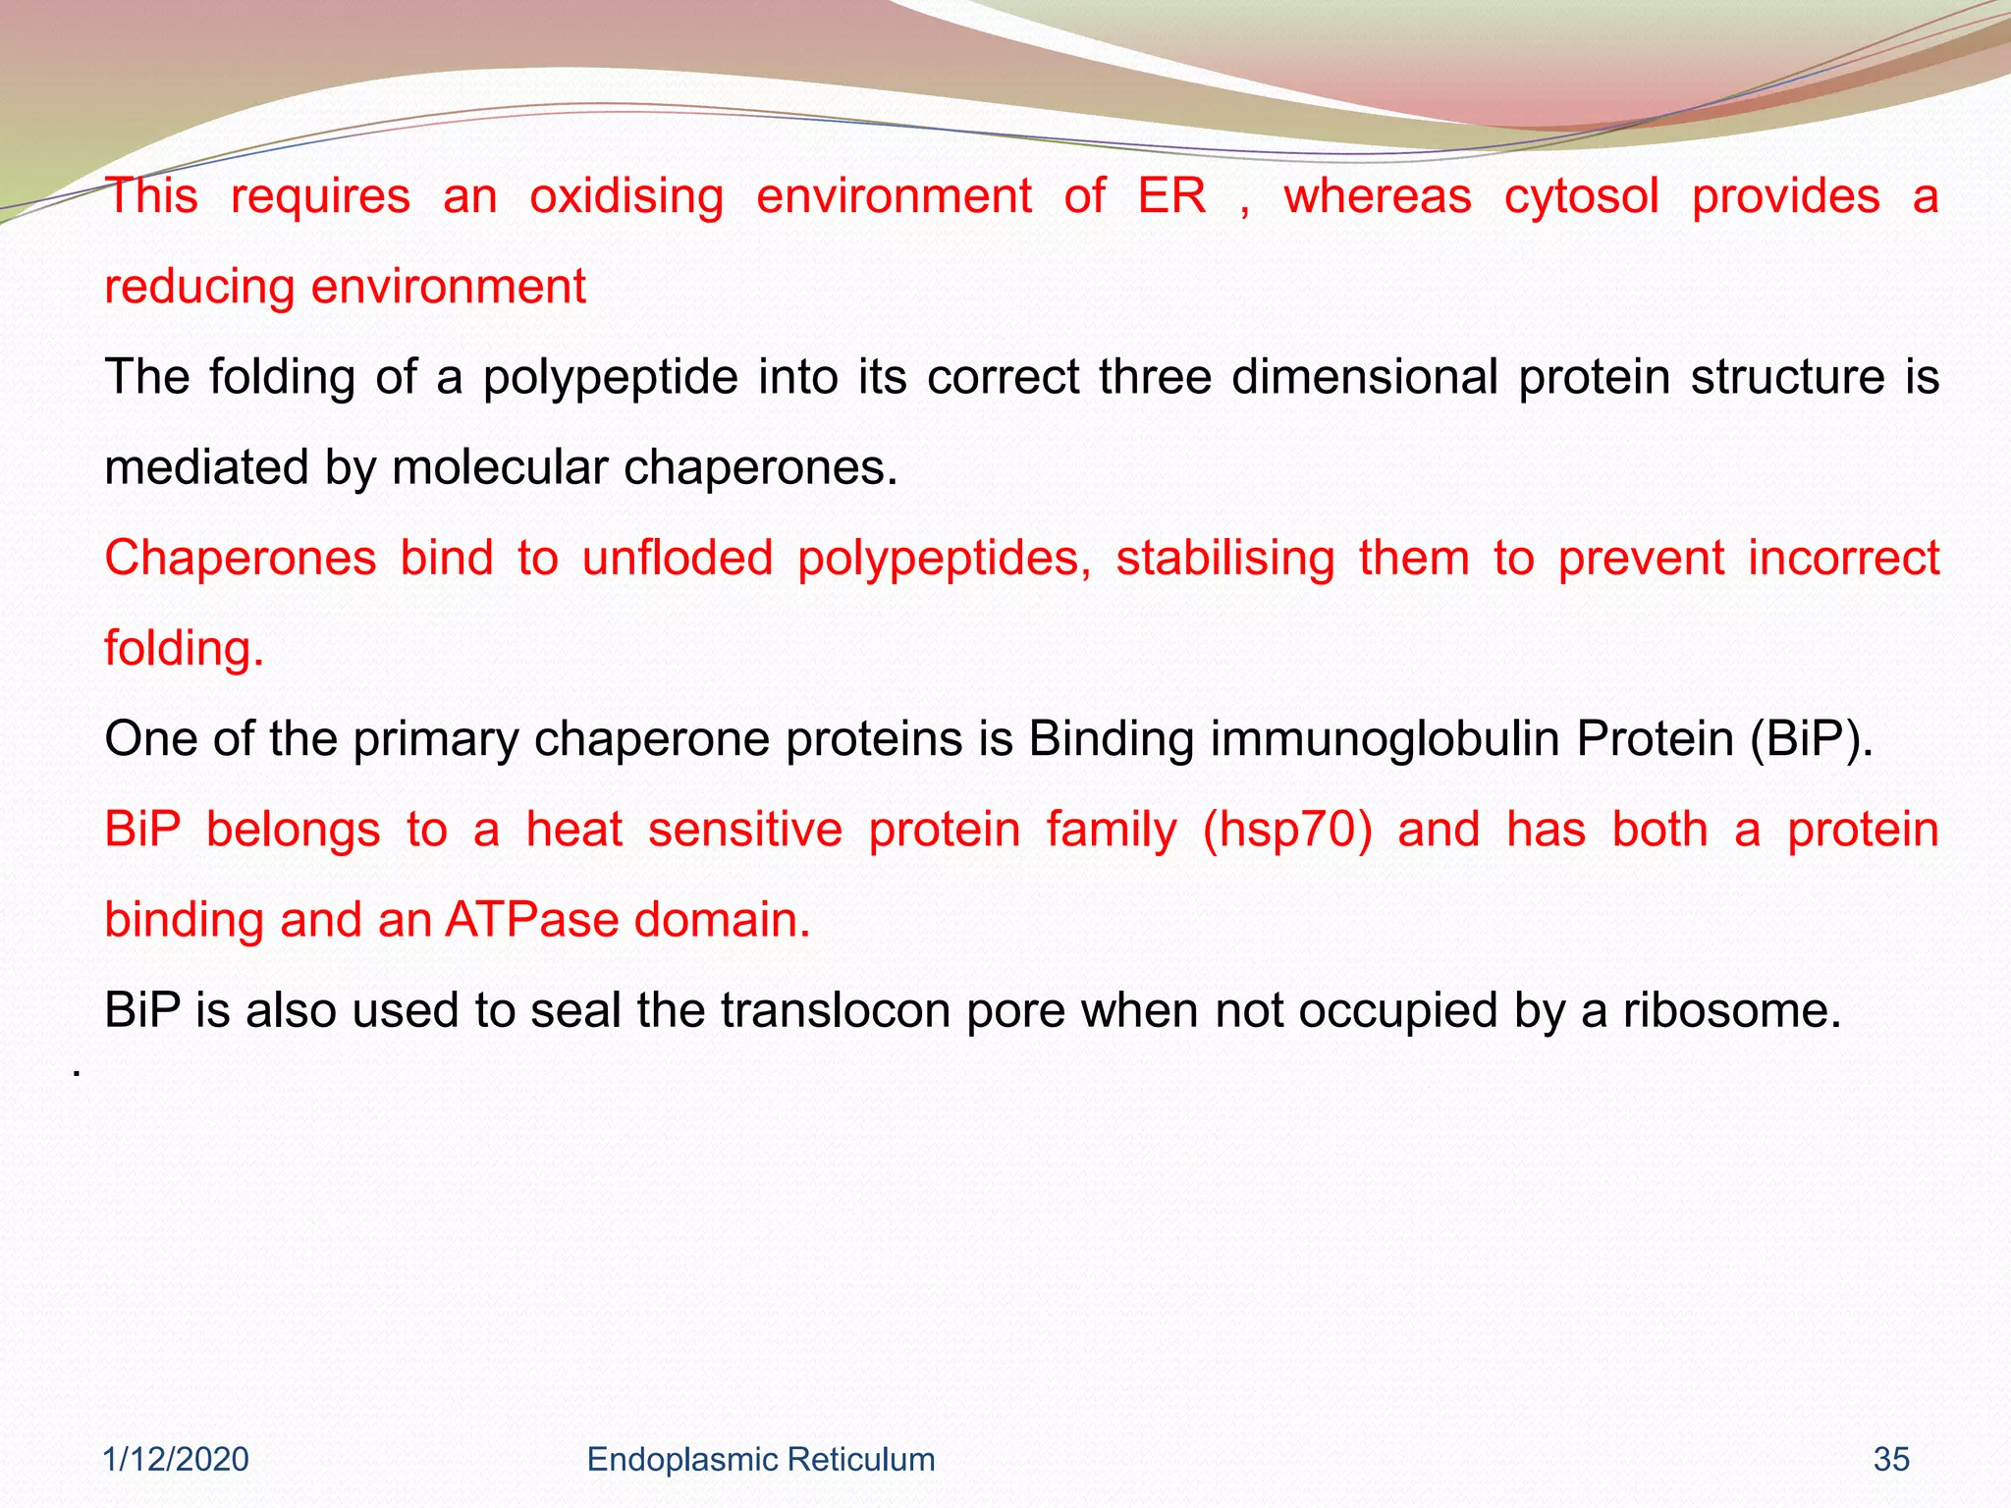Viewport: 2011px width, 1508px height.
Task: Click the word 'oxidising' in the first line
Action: (626, 197)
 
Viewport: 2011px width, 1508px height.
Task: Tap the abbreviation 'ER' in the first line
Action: (1171, 195)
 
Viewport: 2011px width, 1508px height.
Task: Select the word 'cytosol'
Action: (1581, 197)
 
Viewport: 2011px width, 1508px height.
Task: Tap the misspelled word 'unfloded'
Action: (678, 558)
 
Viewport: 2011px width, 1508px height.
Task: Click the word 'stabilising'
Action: (1224, 559)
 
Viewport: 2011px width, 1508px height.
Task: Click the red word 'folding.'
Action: (185, 649)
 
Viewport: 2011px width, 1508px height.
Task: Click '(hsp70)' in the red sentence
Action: (1287, 831)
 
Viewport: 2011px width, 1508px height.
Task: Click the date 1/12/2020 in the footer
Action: (177, 1459)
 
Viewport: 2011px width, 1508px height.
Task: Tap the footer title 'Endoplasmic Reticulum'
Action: (760, 1459)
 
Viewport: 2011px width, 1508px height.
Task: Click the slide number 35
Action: (1890, 1459)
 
